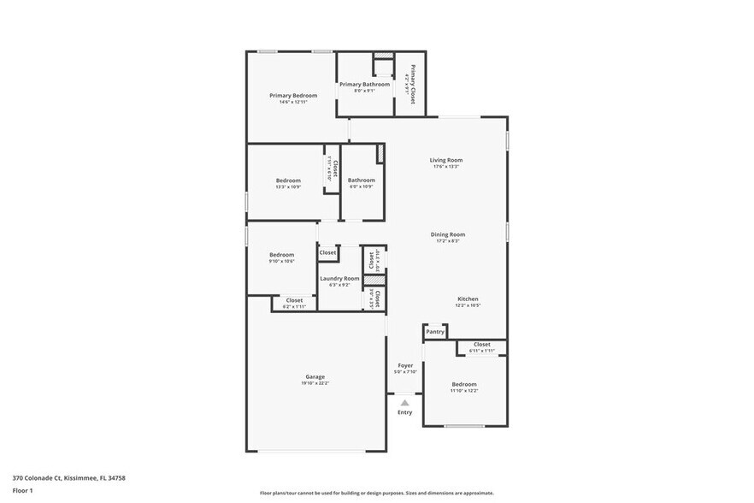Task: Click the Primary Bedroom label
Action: pyautogui.click(x=293, y=95)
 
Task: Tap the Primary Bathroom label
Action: pyautogui.click(x=364, y=84)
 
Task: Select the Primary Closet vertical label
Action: pyautogui.click(x=413, y=84)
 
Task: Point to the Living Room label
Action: pyautogui.click(x=445, y=160)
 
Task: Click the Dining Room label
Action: pyautogui.click(x=447, y=234)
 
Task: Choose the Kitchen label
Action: pyautogui.click(x=467, y=299)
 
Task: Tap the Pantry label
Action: pyautogui.click(x=435, y=331)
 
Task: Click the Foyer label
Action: pyautogui.click(x=405, y=365)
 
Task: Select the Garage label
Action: pyautogui.click(x=315, y=376)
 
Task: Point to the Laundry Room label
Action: pyautogui.click(x=339, y=278)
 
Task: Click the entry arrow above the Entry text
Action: pyautogui.click(x=405, y=402)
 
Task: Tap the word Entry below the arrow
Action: pyautogui.click(x=405, y=412)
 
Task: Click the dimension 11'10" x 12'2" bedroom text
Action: pyautogui.click(x=464, y=391)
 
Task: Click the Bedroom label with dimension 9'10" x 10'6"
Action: pyautogui.click(x=282, y=254)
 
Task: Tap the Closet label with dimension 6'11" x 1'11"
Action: pyautogui.click(x=482, y=344)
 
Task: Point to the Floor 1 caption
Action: pyautogui.click(x=22, y=490)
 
